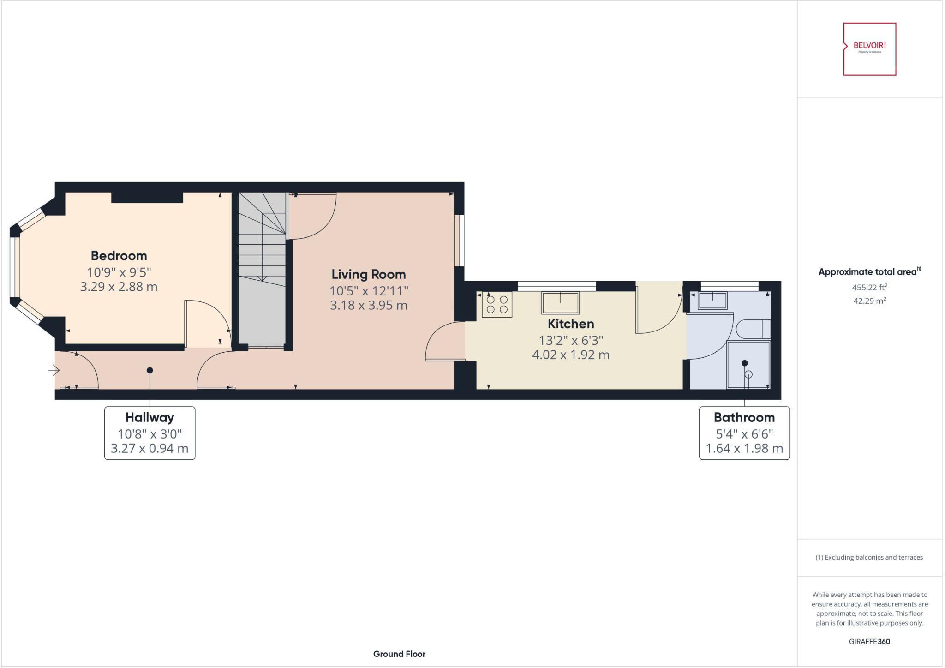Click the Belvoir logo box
coord(869,49)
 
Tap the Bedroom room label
coord(119,256)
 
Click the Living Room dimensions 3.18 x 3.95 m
coord(368,305)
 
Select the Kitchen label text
coord(570,324)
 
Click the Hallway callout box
coord(150,433)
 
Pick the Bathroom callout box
coord(744,433)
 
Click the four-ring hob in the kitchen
coord(497,305)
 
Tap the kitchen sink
coord(560,303)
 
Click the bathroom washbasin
coord(712,301)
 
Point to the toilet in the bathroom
coord(752,329)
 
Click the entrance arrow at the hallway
coord(54,370)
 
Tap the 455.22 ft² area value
coord(869,287)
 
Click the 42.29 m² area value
coord(869,301)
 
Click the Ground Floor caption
coord(399,654)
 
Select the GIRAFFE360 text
coord(869,641)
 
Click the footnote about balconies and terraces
coord(869,557)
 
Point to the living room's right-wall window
coord(459,240)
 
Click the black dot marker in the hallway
coord(150,370)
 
